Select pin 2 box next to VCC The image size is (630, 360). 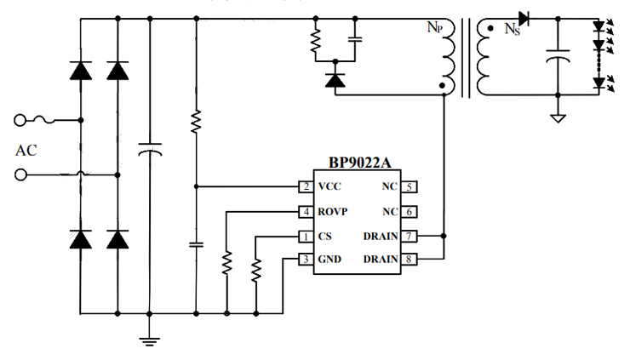[304, 186]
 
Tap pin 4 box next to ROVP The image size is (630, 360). [304, 211]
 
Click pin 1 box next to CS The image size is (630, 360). [304, 236]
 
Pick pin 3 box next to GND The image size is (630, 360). [304, 260]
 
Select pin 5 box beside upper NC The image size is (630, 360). [410, 186]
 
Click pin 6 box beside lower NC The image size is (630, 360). [410, 211]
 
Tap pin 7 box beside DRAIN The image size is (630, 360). [410, 236]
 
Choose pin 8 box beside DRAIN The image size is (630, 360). [410, 260]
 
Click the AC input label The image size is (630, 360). [26, 151]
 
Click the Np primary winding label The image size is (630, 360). [434, 26]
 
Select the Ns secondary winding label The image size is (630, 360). [512, 30]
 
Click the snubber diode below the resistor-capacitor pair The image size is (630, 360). [335, 81]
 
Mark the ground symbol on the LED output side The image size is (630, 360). [558, 117]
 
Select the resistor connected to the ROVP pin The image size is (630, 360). [226, 265]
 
